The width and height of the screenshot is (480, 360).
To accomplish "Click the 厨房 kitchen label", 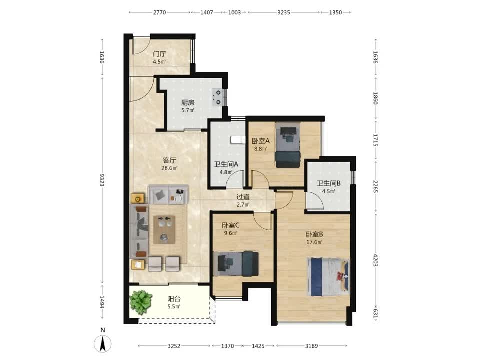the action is point(187,103).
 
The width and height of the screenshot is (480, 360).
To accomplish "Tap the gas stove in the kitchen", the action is point(217,97).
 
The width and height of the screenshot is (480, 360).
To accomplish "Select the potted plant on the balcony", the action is point(141,302).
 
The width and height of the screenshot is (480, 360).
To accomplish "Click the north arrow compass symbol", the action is point(103,343).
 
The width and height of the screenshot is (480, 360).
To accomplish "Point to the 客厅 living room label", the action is point(169,160).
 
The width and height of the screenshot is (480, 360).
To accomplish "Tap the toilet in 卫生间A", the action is point(238,140).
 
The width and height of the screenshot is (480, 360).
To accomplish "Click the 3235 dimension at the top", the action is point(284,12).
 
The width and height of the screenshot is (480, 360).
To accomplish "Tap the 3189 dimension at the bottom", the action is point(311,346).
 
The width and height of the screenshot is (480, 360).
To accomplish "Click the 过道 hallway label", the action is point(243,197).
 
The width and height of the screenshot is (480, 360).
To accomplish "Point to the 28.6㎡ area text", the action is point(169,168).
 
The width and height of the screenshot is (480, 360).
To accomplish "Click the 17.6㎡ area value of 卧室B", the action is point(314,242).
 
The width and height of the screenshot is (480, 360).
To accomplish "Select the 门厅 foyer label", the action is point(159,54).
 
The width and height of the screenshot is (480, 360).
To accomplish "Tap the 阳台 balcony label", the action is point(174,299).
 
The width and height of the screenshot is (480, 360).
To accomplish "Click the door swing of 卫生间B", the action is point(315,201).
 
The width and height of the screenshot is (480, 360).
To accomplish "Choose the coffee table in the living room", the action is point(164,230).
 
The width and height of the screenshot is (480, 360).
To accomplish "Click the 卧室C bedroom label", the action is point(231,226).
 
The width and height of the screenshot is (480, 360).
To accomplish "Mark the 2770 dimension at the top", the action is point(159,12).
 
